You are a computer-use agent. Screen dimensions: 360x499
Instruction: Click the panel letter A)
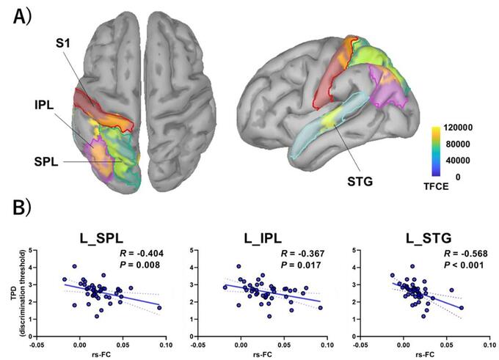(x=22, y=16)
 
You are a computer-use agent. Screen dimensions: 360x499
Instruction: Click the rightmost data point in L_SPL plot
(x=159, y=307)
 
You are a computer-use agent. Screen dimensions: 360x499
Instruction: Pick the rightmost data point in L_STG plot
(x=461, y=308)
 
